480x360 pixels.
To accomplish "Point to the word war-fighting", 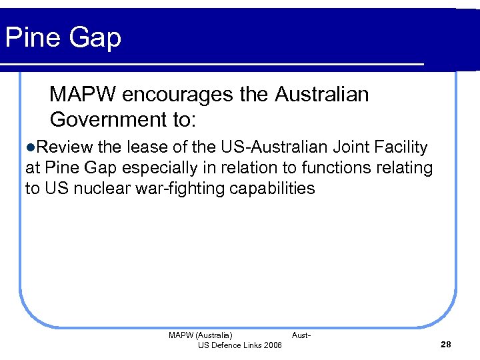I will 184,189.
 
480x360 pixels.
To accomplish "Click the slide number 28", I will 446,344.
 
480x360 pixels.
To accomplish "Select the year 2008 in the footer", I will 273,345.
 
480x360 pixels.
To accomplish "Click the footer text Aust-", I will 301,335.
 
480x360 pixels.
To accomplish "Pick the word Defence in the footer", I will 228,345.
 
